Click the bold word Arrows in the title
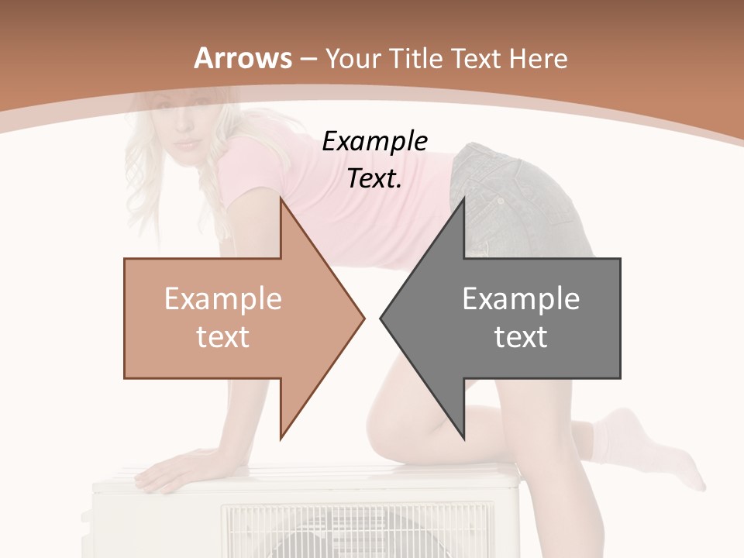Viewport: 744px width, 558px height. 243,58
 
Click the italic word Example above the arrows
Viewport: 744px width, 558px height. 374,141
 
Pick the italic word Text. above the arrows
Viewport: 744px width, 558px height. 374,178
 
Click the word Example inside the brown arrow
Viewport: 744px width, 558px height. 222,298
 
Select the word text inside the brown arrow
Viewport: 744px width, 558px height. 222,336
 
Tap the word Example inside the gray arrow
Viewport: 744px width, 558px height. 521,298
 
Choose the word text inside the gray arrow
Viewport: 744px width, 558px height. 521,336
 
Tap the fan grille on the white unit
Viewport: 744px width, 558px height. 356,531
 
